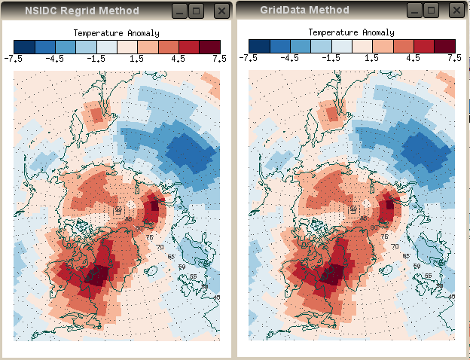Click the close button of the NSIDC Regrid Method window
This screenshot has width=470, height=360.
[x=221, y=11]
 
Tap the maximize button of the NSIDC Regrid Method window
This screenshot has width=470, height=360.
[x=197, y=11]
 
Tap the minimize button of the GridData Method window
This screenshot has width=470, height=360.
[x=413, y=11]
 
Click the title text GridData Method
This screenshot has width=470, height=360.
[x=304, y=11]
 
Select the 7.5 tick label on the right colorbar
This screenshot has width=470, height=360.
[x=454, y=58]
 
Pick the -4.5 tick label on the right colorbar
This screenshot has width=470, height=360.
[x=289, y=58]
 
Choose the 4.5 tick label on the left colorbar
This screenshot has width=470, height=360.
[x=179, y=58]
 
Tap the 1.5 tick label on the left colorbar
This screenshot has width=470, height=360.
[x=138, y=58]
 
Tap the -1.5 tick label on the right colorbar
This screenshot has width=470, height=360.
[x=331, y=58]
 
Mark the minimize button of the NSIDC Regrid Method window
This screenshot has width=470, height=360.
[x=179, y=11]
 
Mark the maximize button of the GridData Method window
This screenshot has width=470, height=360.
[x=431, y=11]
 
